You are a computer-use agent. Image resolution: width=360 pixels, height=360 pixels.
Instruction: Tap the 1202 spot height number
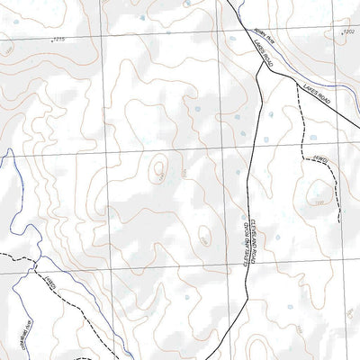345,31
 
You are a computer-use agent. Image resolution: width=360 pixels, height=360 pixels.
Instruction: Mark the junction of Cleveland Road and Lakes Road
259,74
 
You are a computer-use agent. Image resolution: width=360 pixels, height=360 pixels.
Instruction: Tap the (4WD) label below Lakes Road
319,161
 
